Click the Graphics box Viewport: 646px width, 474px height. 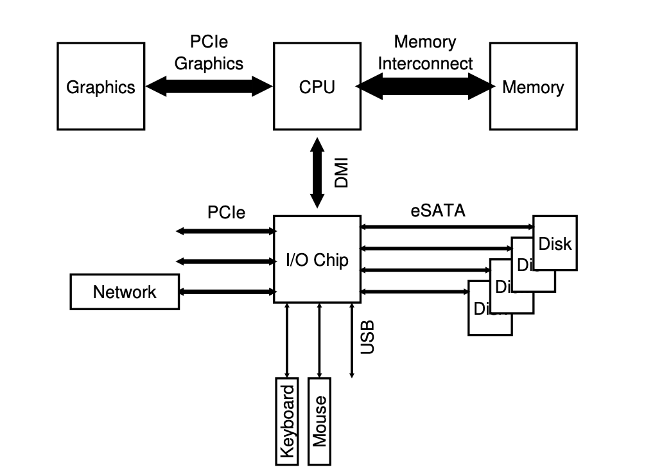(x=101, y=86)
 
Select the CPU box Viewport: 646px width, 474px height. (x=317, y=86)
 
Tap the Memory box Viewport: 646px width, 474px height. (x=533, y=86)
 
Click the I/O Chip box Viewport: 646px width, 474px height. (x=317, y=259)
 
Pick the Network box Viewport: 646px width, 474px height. (x=125, y=292)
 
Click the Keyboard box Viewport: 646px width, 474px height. (x=287, y=421)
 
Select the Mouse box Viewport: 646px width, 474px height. (x=320, y=421)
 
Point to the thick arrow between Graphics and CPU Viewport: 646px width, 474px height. (x=209, y=86)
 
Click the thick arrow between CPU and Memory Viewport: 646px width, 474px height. (x=424, y=86)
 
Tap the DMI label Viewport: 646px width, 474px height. (x=342, y=173)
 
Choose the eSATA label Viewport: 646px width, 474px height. (x=438, y=211)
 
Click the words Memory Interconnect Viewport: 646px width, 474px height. (x=424, y=53)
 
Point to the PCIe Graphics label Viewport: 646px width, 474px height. (x=209, y=53)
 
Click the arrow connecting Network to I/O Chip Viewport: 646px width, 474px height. (x=226, y=292)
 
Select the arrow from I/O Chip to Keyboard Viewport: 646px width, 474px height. (x=287, y=340)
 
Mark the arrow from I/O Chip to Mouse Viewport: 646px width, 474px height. (x=320, y=340)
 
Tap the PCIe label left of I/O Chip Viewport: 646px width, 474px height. (x=226, y=212)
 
